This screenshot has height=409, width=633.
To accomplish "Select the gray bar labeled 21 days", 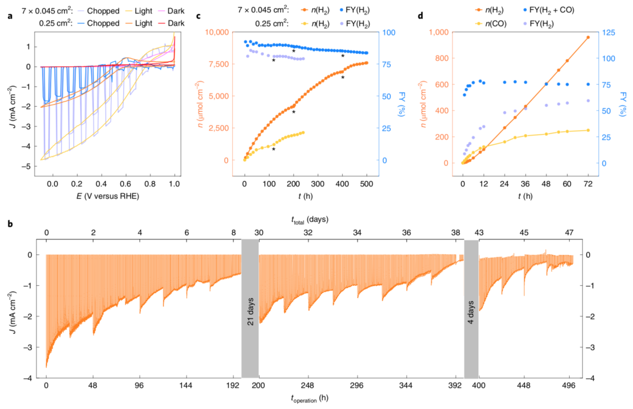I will click(250, 317).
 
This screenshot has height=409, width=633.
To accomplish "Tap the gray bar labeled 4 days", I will click(471, 317).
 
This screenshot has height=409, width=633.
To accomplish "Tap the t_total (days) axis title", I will click(311, 220).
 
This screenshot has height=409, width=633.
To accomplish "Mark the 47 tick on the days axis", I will click(569, 233).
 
